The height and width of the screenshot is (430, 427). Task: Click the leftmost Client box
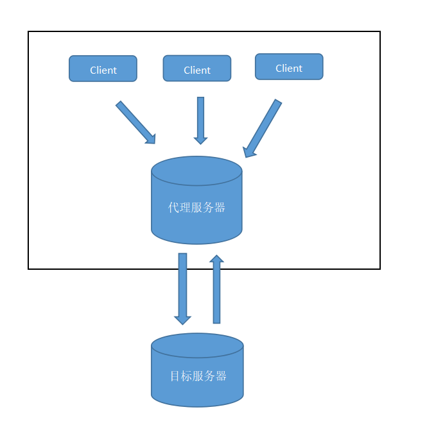point(103,69)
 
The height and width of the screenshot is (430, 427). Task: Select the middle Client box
point(196,69)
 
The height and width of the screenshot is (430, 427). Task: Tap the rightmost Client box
point(289,67)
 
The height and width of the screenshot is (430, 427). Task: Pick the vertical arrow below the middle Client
point(200,119)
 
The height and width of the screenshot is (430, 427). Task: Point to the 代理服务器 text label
point(196,208)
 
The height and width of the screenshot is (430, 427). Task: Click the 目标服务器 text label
point(198,376)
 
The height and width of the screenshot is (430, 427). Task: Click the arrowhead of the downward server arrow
point(182,318)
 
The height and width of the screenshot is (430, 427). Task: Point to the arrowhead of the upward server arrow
point(216,260)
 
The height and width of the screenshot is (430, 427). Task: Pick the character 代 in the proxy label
point(173,208)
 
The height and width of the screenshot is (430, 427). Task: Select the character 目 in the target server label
point(175,376)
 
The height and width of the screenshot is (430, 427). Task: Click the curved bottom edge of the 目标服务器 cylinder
point(197,406)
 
